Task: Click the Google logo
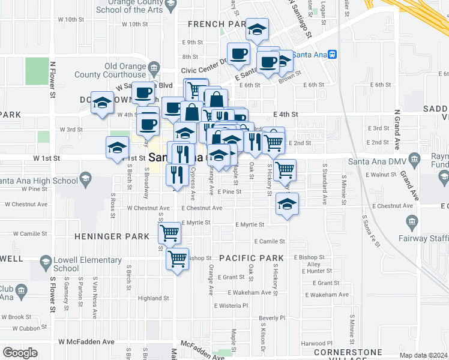20,353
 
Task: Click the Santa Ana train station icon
332,54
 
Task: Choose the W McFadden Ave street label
86,341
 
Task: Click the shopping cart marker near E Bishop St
177,259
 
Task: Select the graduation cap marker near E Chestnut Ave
288,204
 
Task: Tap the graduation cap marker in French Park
257,29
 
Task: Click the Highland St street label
153,298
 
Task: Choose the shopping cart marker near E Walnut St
284,170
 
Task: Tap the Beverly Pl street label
272,318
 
